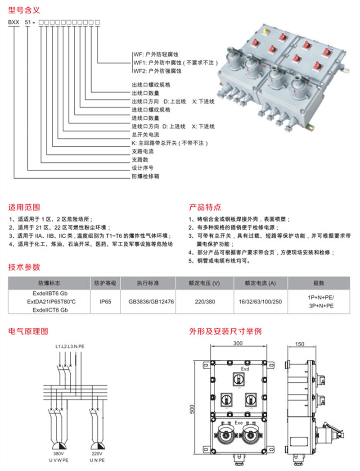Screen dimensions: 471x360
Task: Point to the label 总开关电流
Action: [x=145, y=135]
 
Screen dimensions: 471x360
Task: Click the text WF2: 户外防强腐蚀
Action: [x=157, y=71]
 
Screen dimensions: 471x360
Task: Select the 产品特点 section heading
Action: [x=205, y=208]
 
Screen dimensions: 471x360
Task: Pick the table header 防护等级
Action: [x=105, y=283]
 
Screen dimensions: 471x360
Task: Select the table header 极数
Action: [x=319, y=283]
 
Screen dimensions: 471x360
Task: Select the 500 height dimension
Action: [x=192, y=409]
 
